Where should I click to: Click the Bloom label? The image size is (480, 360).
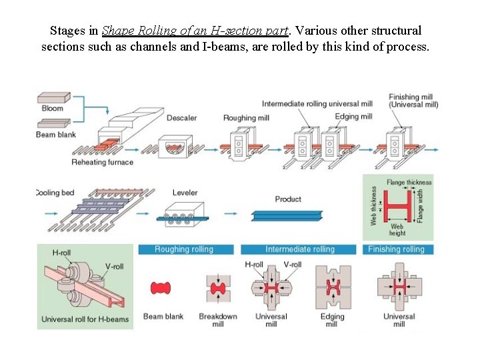(x=52, y=109)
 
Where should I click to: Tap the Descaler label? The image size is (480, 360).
(x=181, y=118)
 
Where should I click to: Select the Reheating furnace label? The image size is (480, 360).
(x=102, y=162)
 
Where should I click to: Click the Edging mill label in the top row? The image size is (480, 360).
(x=354, y=117)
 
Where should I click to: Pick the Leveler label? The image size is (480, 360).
(x=185, y=193)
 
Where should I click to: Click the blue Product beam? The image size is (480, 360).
(x=287, y=215)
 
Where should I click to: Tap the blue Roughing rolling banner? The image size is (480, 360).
(x=184, y=249)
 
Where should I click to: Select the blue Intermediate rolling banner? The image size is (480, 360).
(x=300, y=249)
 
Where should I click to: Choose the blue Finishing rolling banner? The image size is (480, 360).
(x=396, y=249)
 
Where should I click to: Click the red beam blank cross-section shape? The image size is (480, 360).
(x=161, y=288)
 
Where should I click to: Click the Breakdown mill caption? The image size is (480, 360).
(x=218, y=320)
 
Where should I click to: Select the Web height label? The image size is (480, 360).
(x=397, y=230)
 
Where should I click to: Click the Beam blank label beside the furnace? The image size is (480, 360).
(x=56, y=135)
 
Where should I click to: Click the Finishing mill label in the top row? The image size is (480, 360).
(x=413, y=101)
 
